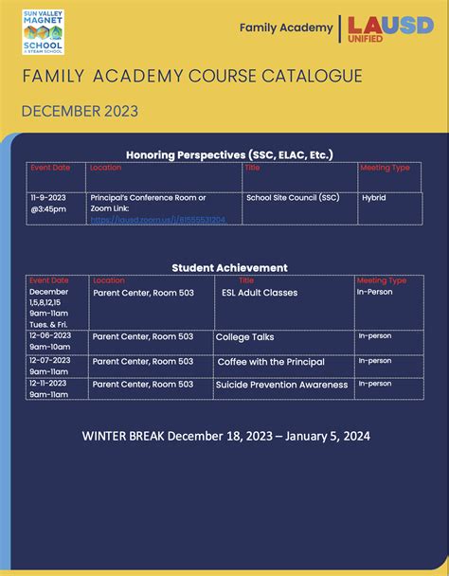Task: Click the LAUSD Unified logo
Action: click(390, 27)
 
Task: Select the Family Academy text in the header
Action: click(285, 28)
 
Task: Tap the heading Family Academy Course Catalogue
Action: click(192, 76)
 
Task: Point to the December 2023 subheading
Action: click(80, 111)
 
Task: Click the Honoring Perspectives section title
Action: click(229, 154)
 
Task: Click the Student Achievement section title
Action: click(229, 268)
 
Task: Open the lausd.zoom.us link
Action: click(158, 220)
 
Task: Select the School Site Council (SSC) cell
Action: click(292, 198)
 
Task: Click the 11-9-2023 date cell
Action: click(48, 203)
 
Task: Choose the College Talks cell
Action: click(244, 336)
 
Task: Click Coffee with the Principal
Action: click(271, 361)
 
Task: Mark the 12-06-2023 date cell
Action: click(50, 335)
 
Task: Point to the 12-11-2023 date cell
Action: click(50, 384)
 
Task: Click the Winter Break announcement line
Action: click(225, 437)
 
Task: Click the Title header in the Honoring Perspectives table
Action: click(252, 168)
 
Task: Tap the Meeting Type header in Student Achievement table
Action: click(381, 280)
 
